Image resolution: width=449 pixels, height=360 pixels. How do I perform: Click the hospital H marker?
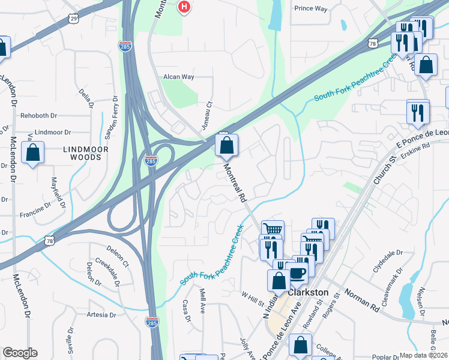185,7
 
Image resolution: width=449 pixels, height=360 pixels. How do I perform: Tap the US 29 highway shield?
73,19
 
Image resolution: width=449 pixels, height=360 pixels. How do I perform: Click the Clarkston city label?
309,292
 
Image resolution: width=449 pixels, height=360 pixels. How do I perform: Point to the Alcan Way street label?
179,77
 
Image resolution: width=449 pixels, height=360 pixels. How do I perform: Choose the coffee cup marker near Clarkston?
297,272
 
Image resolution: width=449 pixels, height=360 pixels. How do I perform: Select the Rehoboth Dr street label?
38,115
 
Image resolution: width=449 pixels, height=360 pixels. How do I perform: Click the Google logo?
20,353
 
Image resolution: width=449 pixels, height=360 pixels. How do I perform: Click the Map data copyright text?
423,355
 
